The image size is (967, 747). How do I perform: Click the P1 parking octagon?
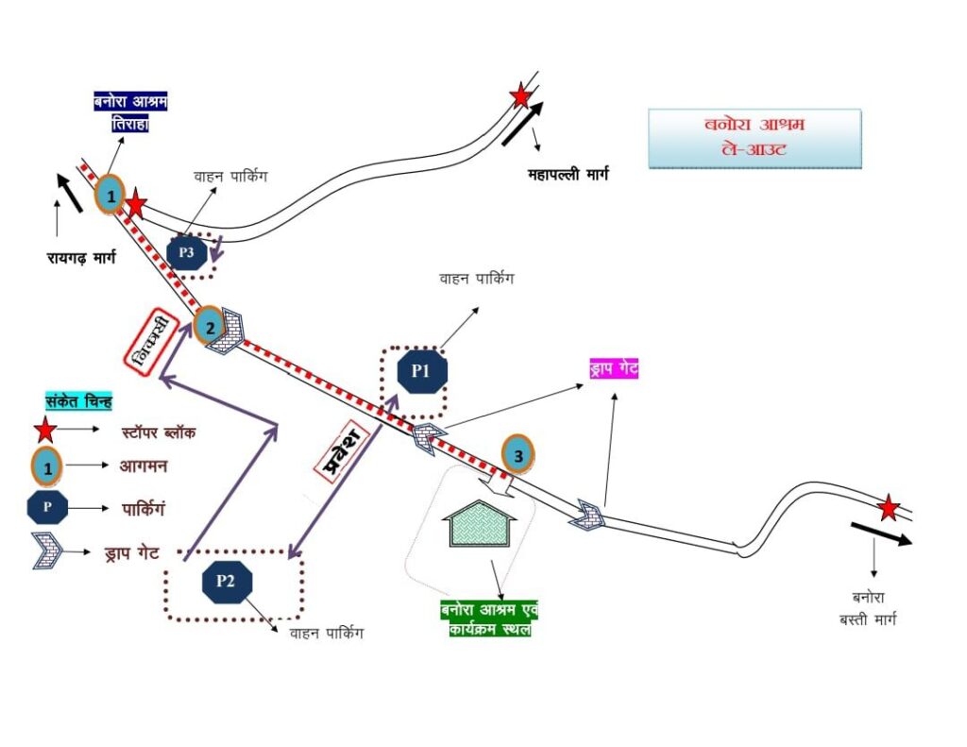click(x=420, y=371)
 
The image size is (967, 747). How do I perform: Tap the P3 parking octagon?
click(x=186, y=253)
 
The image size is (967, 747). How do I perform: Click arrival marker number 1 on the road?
click(x=110, y=195)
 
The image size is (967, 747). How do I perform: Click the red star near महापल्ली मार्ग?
click(x=519, y=96)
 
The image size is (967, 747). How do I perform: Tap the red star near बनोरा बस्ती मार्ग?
click(x=888, y=509)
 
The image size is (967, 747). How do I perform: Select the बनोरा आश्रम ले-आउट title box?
click(x=755, y=139)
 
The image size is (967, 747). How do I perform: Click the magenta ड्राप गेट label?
click(x=613, y=368)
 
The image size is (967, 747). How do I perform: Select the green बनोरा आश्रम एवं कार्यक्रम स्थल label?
click(x=488, y=620)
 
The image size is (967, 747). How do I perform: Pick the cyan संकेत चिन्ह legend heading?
click(x=78, y=402)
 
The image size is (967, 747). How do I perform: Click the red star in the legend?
click(x=44, y=433)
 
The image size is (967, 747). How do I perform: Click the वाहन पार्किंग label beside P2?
click(x=326, y=634)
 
